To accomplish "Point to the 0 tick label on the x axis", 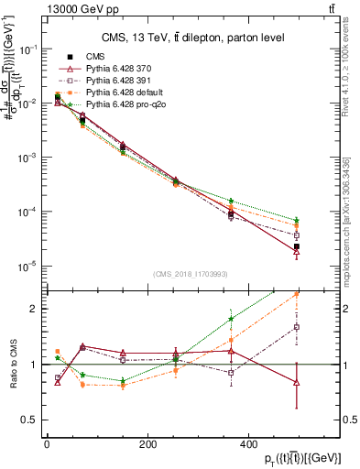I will coord(48,444).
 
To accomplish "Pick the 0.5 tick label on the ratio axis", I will coord(30,420).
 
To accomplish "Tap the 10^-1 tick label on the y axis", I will coord(27,49).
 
